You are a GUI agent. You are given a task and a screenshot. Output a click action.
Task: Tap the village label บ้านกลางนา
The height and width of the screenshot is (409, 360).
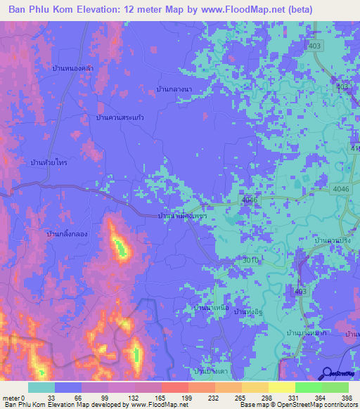pyautogui.click(x=176, y=89)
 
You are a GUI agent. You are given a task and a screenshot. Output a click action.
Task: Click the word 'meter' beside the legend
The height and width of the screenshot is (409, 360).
pyautogui.click(x=10, y=398)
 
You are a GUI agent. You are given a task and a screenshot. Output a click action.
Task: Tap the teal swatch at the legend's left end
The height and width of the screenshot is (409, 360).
pyautogui.click(x=41, y=387)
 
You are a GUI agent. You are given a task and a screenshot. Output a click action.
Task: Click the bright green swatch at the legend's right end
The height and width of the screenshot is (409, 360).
pyautogui.click(x=335, y=387)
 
